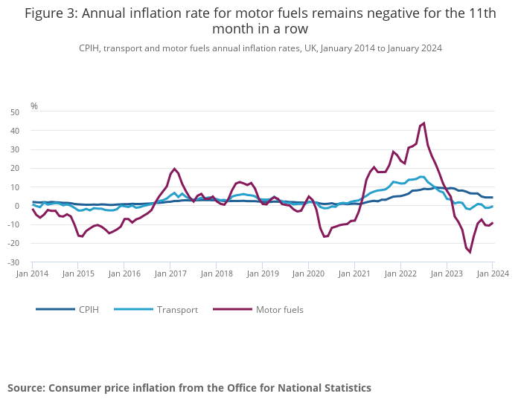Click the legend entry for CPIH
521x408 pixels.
[x=89, y=309]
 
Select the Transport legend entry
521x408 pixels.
[x=177, y=309]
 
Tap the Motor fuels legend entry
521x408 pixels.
[x=279, y=309]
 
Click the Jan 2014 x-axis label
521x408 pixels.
[x=33, y=273]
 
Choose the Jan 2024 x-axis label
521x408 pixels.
[x=492, y=273]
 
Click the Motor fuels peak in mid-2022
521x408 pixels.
[x=423, y=123]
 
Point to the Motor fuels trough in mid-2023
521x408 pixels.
[x=470, y=252]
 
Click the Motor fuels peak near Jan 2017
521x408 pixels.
[x=174, y=169]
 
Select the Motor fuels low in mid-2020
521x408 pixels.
[x=325, y=237]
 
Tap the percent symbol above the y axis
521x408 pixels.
[x=34, y=106]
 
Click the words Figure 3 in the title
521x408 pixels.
[x=51, y=13]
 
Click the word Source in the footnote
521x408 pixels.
[x=26, y=388]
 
